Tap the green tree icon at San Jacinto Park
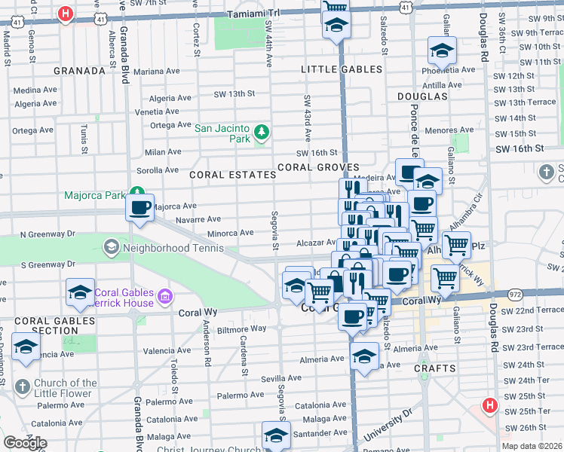pos(262,133)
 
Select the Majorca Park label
pos(94,196)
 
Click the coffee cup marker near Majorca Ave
pos(140,208)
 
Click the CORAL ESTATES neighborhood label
pos(232,175)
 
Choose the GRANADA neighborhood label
pos(79,71)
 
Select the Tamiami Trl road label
pos(253,13)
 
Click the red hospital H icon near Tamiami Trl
pos(66,14)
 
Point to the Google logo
pos(25,443)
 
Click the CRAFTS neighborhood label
pos(435,368)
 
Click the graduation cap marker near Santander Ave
pos(276,435)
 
